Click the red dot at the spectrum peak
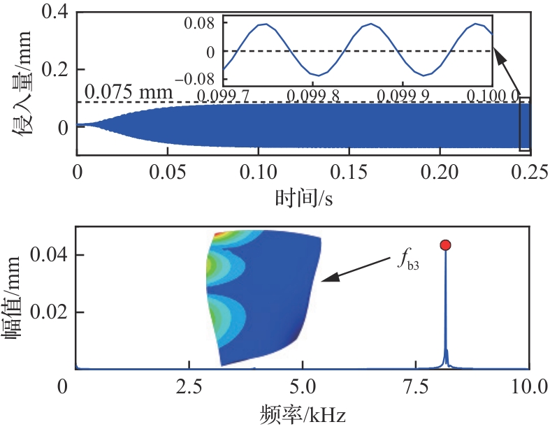pyautogui.click(x=445, y=245)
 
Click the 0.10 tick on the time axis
pyautogui.click(x=258, y=170)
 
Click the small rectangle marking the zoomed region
pyautogui.click(x=524, y=124)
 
